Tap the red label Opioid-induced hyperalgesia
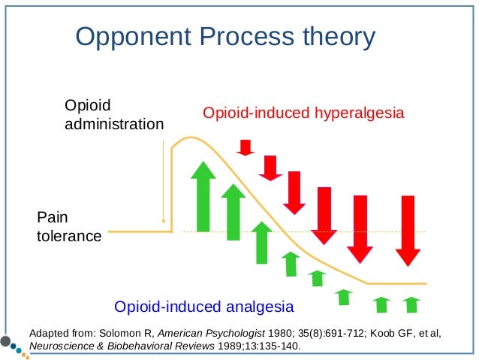click(304, 113)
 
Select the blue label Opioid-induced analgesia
click(203, 306)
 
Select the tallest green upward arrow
click(202, 197)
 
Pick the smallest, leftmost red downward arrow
click(246, 147)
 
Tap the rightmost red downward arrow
click(408, 230)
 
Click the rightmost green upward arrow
click(411, 304)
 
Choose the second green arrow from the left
click(233, 213)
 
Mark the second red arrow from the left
click(270, 167)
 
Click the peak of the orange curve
click(191, 138)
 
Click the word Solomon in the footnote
click(111, 331)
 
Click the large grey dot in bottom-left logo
click(7, 343)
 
